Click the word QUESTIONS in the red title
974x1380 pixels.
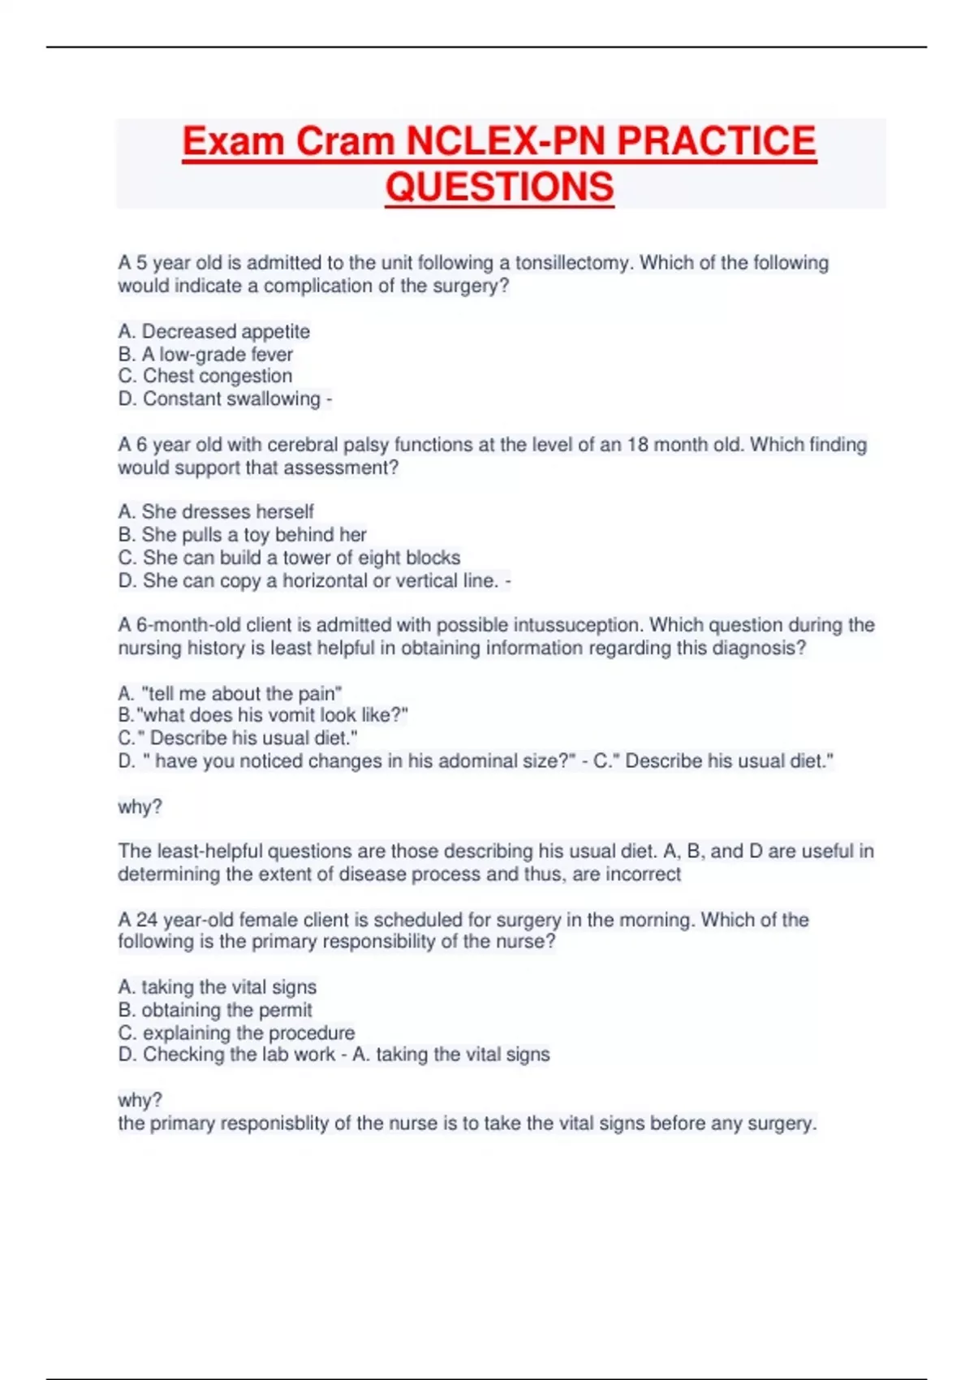(499, 187)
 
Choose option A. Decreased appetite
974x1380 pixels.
(214, 331)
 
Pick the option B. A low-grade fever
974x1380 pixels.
(205, 354)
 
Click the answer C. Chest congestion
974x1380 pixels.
(205, 376)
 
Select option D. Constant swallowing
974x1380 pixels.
(220, 399)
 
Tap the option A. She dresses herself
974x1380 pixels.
(216, 511)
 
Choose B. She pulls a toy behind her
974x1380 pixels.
(242, 534)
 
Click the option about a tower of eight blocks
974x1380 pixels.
(289, 558)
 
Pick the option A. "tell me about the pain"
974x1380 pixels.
(230, 693)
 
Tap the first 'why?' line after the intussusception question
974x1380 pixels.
(140, 807)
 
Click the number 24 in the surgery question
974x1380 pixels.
(147, 920)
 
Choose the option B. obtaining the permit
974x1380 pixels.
(215, 1010)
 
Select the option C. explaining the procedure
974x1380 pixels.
(236, 1033)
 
